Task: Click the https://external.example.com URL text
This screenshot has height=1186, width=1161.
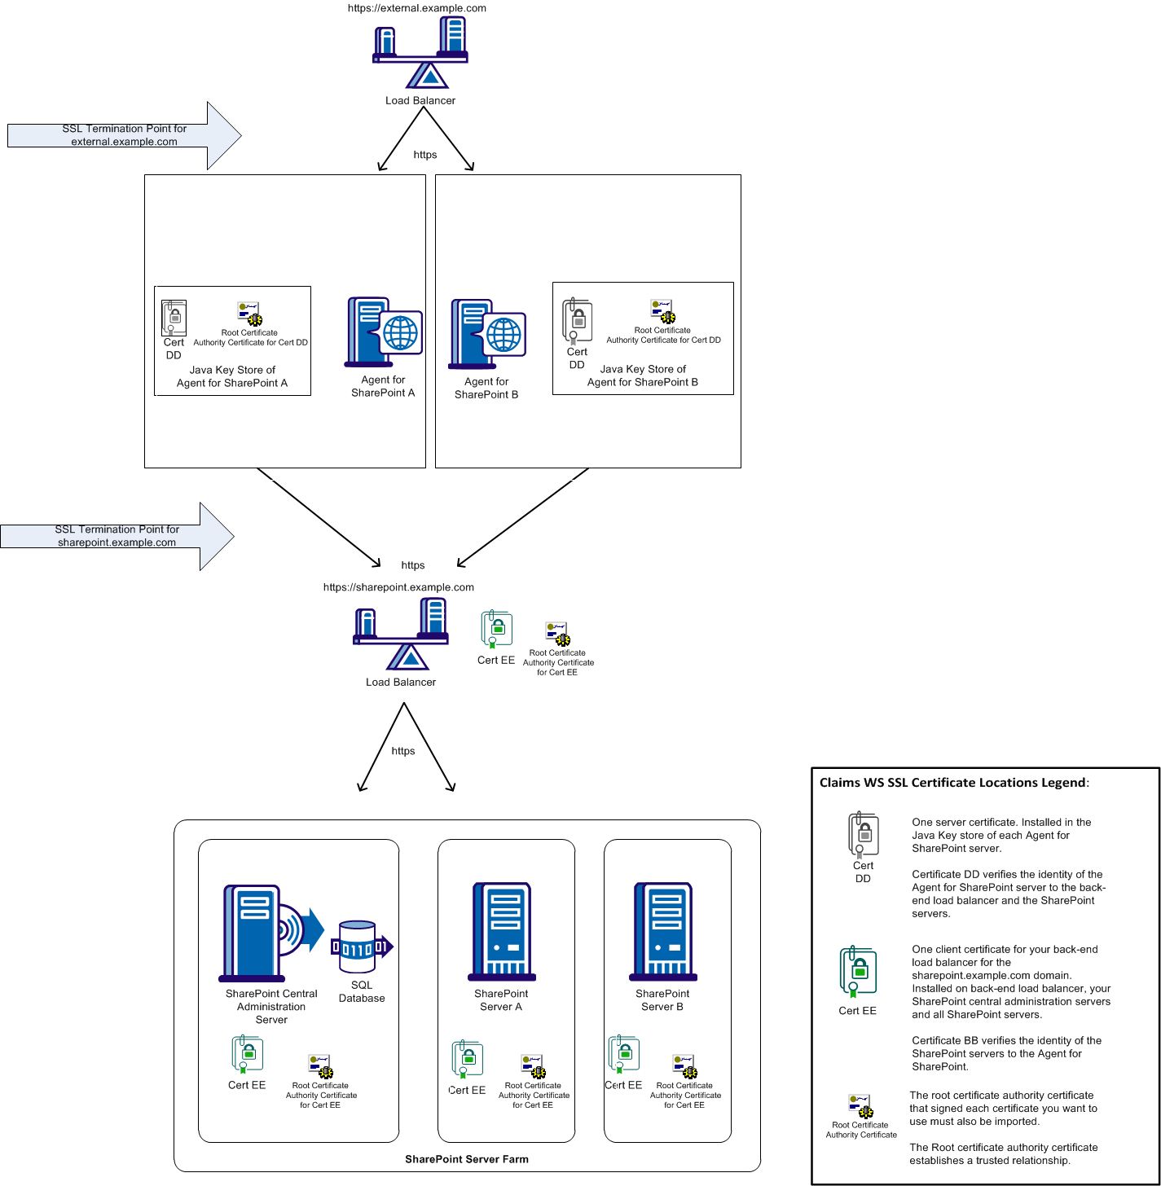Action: click(416, 8)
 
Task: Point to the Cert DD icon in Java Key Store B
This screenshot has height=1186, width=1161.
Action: click(577, 320)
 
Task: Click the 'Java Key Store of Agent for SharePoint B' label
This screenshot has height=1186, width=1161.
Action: click(642, 376)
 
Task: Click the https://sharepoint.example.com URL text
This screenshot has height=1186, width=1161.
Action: click(398, 587)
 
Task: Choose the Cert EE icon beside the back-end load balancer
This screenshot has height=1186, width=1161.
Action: click(496, 630)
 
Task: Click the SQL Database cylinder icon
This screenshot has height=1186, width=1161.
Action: click(358, 947)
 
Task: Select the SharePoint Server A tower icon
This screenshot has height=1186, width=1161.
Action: click(502, 931)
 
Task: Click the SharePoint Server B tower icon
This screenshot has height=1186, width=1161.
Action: click(663, 931)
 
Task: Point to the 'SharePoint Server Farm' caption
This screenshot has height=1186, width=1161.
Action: click(467, 1159)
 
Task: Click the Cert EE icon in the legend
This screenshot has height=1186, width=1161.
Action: click(858, 972)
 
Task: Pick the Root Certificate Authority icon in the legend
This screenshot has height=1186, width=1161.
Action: click(860, 1106)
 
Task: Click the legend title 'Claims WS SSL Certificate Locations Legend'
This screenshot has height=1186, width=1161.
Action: click(953, 783)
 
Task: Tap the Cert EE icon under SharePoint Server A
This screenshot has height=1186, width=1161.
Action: click(468, 1059)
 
